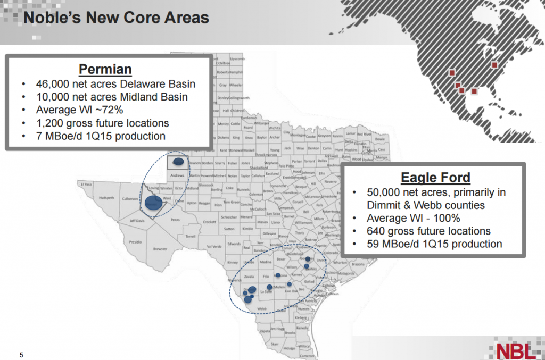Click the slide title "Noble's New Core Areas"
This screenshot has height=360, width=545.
[117, 18]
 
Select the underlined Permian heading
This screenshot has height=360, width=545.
[105, 70]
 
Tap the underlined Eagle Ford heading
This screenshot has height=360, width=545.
[435, 178]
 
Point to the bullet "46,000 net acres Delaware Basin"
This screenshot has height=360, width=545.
[115, 84]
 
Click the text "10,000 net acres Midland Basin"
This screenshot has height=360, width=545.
[112, 97]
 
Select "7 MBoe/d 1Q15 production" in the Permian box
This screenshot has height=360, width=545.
[101, 136]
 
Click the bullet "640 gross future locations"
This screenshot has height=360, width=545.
[428, 231]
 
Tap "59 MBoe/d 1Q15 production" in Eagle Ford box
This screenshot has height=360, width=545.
[434, 244]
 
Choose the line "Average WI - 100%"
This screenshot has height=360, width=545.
[414, 218]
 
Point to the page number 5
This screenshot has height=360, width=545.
[22, 355]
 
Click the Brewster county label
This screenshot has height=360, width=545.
[160, 248]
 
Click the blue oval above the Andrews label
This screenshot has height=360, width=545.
[179, 161]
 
